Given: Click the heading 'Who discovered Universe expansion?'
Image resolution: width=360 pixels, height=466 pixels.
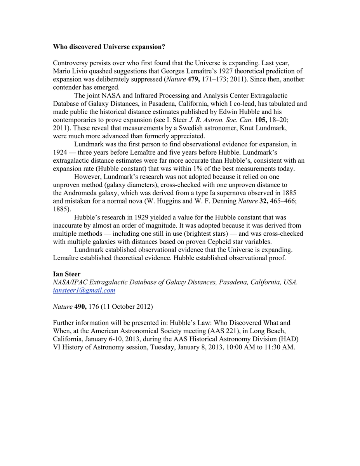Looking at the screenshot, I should pos(109,47).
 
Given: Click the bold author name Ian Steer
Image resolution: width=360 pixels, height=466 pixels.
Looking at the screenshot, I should pos(66,274).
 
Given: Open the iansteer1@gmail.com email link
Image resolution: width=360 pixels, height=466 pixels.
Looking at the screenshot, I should pos(84,290).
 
